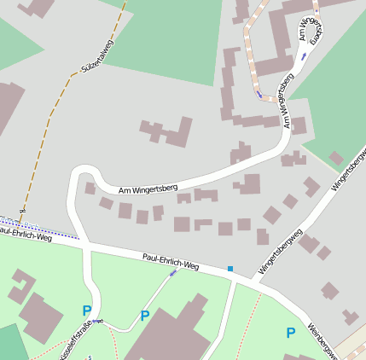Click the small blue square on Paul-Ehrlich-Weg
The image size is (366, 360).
click(229, 269)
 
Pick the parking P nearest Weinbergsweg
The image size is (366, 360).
click(291, 332)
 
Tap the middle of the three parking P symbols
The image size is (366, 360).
click(144, 315)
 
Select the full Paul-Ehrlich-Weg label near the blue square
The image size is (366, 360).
click(171, 260)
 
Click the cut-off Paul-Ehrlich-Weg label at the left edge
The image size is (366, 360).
click(26, 235)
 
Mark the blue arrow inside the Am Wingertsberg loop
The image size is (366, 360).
click(303, 56)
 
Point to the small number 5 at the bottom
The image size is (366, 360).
click(89, 357)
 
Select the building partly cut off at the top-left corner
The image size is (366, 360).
click(38, 7)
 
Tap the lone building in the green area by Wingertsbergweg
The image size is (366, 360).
click(336, 158)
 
